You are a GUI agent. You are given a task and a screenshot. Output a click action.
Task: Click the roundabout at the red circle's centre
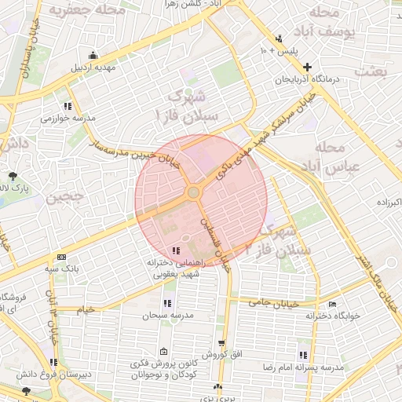click(193, 192)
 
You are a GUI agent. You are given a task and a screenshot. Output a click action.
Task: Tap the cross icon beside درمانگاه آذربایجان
click(307, 68)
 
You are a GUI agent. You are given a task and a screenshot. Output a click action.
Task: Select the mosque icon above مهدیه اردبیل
click(93, 55)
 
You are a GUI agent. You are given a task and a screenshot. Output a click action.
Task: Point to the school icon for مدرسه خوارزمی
click(69, 105)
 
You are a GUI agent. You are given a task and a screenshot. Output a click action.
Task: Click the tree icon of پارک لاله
click(11, 175)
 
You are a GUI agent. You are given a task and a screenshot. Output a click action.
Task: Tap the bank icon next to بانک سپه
click(61, 257)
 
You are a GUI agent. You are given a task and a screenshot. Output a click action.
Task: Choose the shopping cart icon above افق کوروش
click(222, 343)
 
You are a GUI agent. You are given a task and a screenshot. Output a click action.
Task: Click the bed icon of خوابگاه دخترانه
click(333, 304)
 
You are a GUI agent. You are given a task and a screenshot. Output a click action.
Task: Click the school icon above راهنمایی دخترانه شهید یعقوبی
click(174, 250)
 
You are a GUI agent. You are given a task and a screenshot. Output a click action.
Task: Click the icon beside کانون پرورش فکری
click(163, 351)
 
